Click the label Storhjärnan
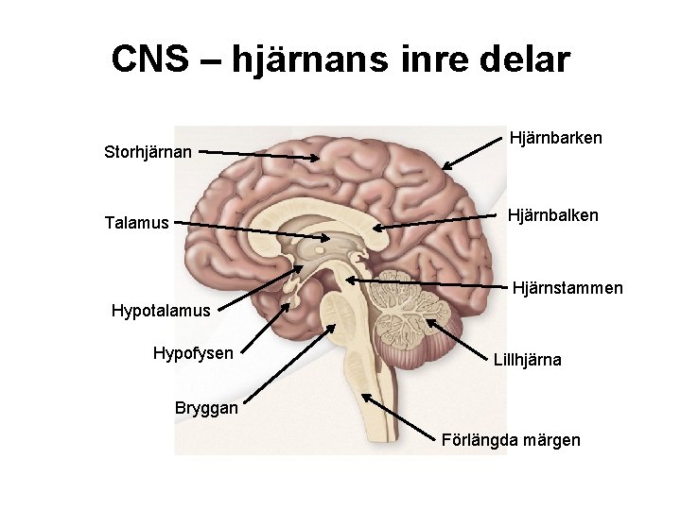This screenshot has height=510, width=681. pos(148,151)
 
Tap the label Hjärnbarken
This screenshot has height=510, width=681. pos(555,138)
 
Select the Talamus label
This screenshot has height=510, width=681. pos(137,223)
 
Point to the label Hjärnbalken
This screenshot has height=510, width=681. pos(552,216)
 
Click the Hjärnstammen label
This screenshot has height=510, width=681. pos(567,286)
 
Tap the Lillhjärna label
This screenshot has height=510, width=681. pos(527,360)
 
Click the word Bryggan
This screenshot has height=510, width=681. pos(207,408)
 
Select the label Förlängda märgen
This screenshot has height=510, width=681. pos(511,440)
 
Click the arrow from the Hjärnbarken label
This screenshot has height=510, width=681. pos(473,153)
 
